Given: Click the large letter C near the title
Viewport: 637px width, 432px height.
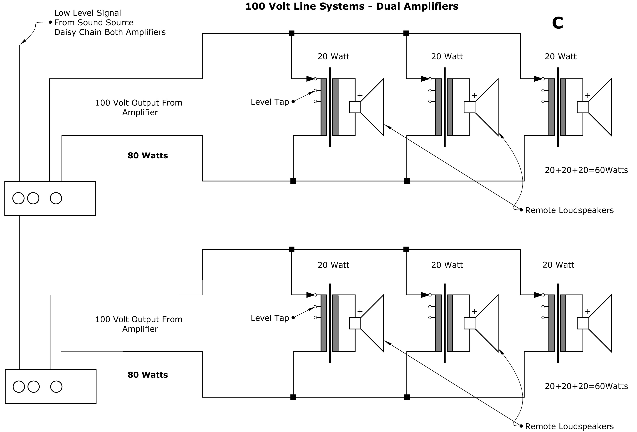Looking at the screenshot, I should coord(557,23).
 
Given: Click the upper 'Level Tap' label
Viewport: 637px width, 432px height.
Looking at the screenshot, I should coord(270,102).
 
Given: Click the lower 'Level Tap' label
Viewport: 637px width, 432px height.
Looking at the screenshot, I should coord(270,318).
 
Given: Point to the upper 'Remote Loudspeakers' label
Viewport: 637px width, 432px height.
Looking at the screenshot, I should coord(569,210).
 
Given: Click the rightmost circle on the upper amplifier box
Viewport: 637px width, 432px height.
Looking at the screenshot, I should coord(56,198).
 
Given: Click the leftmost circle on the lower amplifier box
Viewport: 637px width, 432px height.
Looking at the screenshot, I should coord(19,387).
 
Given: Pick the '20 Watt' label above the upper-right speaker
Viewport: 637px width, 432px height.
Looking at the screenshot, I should coord(561,56).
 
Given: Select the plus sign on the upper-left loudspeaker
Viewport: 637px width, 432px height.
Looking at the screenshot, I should coord(360,95).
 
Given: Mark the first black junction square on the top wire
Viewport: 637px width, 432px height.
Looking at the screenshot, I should coord(291,33).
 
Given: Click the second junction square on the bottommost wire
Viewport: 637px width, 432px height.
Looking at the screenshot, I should coord(407,397).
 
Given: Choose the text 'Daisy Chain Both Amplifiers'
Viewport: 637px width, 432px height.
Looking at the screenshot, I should coord(110,32).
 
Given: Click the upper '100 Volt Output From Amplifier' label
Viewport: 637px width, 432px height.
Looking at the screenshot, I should coord(139,107).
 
